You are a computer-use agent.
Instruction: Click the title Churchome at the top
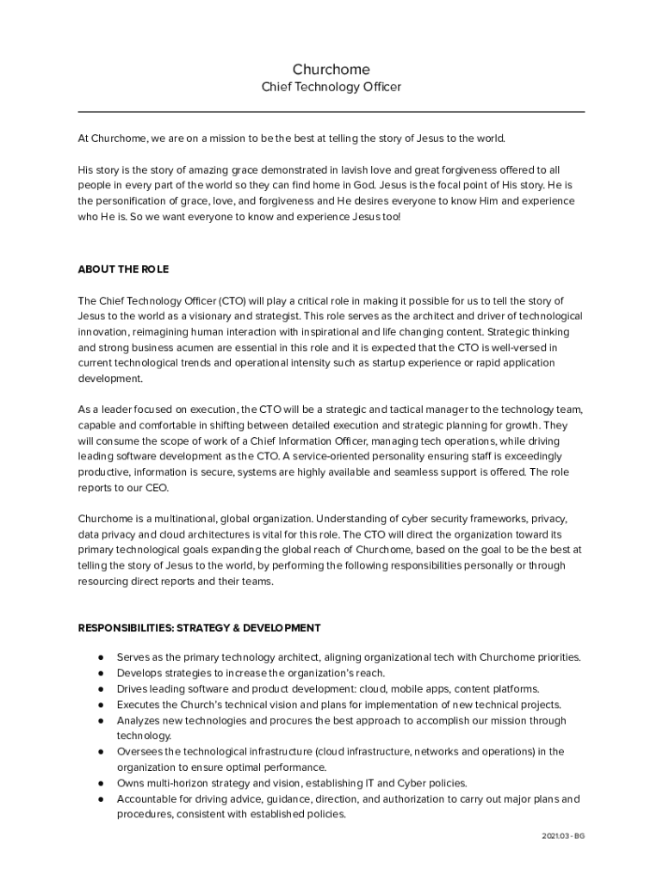point(331,69)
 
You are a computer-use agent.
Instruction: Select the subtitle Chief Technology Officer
point(331,87)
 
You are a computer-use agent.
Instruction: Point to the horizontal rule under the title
point(331,112)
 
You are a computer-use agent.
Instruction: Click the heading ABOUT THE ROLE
point(123,269)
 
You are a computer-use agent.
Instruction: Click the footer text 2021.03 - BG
point(564,836)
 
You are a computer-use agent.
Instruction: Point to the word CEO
point(156,488)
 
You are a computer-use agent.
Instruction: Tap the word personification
point(132,201)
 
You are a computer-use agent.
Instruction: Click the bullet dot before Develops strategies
point(102,673)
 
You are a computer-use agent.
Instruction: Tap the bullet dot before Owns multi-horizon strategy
point(102,783)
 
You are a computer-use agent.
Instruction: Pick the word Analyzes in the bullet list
point(139,720)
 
